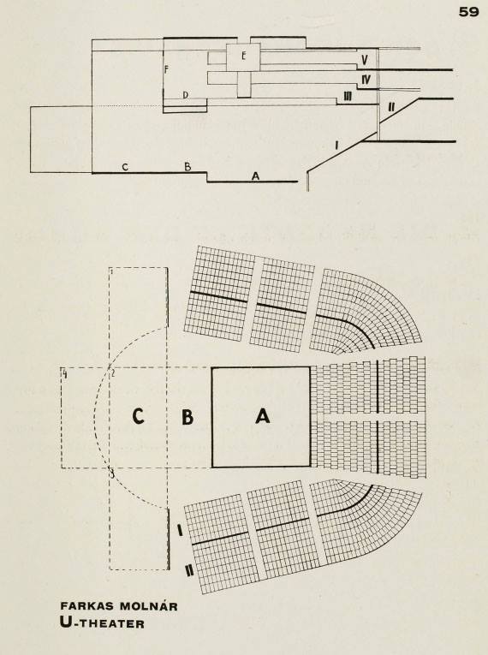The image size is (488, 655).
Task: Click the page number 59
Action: tap(469, 12)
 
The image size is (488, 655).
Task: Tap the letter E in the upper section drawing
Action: tap(244, 56)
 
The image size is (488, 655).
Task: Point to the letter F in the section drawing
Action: tap(166, 69)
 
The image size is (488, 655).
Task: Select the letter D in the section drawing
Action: tap(186, 95)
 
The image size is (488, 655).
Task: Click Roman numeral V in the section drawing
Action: tap(365, 60)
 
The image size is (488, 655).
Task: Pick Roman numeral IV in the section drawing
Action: tap(366, 79)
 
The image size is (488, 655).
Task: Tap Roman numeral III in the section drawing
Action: tap(348, 97)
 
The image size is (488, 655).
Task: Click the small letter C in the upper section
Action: tap(125, 168)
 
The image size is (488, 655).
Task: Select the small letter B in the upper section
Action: tap(187, 167)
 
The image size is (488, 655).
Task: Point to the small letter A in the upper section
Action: tap(255, 176)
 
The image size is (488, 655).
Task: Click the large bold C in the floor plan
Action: tap(138, 415)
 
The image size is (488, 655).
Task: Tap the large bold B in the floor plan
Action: tap(187, 416)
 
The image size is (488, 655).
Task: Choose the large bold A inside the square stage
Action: tap(262, 416)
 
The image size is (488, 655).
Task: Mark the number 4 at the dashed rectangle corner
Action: tap(65, 373)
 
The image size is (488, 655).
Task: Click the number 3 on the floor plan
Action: tap(112, 473)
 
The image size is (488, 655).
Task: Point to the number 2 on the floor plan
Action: tap(112, 372)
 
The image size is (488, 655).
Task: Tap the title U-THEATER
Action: tap(103, 623)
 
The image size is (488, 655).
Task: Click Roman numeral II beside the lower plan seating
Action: tap(189, 570)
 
